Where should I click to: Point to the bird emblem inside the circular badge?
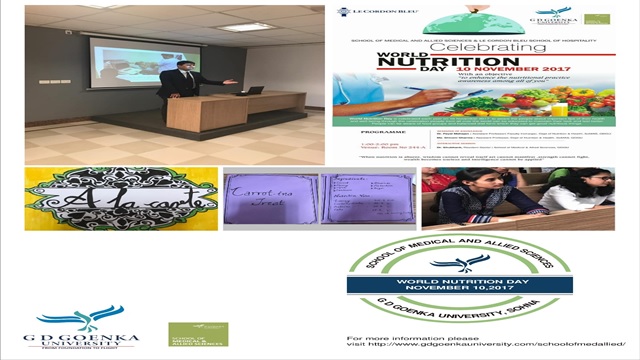point(459,263)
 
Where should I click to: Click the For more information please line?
point(395,338)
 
